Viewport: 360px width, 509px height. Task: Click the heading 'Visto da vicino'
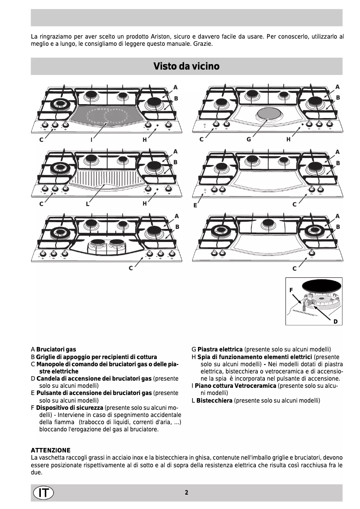tap(186, 66)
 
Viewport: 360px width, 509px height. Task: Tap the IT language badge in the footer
tap(43, 492)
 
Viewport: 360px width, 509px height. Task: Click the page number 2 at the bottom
tap(186, 492)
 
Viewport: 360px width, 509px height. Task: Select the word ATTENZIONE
tap(50, 450)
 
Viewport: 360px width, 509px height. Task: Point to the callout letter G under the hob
tap(248, 140)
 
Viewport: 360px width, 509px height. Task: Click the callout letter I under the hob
tap(91, 140)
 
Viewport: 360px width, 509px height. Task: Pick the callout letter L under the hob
tap(88, 204)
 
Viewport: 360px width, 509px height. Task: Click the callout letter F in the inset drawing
tap(291, 290)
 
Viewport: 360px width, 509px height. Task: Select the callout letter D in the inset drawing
tap(335, 321)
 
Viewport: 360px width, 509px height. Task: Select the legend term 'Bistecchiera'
tap(214, 400)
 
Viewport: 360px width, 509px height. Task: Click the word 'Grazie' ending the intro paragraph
tap(203, 44)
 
